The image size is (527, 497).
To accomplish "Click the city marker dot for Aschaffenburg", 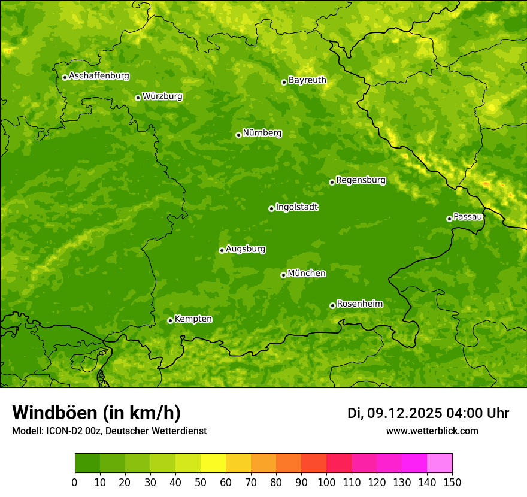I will pos(65,77).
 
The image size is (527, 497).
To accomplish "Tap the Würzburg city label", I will pos(162,96).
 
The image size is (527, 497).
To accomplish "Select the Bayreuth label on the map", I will pos(307,80).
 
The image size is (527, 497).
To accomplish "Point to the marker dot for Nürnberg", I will pos(238,135).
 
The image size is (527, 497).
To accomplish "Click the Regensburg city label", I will pos(361,180).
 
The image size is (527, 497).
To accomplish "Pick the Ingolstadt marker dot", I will pos(271,208).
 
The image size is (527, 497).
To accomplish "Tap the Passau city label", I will pos(468,217).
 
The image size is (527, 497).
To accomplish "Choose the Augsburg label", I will pos(246,249).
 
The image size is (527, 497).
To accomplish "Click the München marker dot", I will pos(283,275).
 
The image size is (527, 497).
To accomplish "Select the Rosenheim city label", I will pos(359,304).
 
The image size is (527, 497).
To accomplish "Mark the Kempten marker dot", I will pos(170,320).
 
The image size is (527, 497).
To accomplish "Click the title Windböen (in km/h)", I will pos(96,413).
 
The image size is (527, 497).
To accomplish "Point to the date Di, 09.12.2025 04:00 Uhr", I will pos(428,413).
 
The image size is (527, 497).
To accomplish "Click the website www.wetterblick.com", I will pos(432,431).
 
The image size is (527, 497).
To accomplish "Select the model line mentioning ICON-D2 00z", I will pos(109,431).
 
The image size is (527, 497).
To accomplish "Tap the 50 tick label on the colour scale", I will pos(201,483).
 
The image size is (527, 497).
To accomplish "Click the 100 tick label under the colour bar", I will pos(326,483).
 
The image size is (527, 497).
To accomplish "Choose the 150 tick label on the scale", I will pos(452,483).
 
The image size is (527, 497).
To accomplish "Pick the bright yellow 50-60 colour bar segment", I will pos(213,463).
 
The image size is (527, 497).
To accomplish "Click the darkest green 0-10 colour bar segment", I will pos(87,463).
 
